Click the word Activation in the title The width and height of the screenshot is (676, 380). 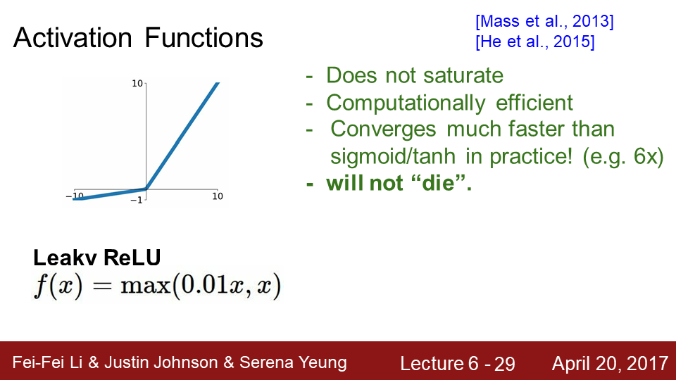click(x=73, y=37)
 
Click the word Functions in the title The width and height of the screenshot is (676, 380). click(x=204, y=37)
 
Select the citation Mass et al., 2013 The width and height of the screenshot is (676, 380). click(x=544, y=21)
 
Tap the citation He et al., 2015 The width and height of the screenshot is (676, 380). click(x=535, y=42)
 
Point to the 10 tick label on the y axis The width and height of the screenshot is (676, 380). click(x=137, y=83)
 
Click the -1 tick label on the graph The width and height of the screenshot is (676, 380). click(x=136, y=200)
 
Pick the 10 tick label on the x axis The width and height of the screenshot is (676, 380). click(x=218, y=196)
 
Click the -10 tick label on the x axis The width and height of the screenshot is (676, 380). click(x=75, y=196)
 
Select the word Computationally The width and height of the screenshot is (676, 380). click(x=406, y=103)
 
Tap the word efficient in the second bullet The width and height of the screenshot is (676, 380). click(x=534, y=103)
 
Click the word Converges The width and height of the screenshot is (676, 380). click(x=383, y=129)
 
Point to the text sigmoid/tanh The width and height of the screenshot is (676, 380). click(x=393, y=156)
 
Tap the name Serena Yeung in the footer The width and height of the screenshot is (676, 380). click(x=293, y=363)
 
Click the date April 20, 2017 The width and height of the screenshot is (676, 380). click(x=610, y=364)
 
